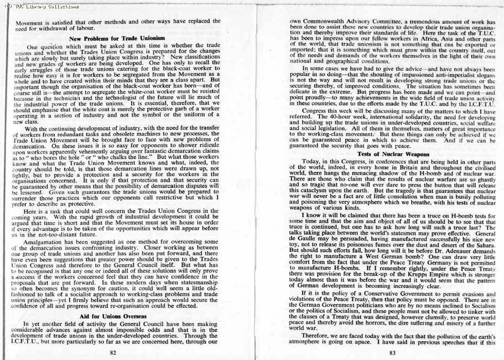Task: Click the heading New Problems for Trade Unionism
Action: [117, 38]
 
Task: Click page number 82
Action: [113, 352]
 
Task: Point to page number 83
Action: [392, 352]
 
